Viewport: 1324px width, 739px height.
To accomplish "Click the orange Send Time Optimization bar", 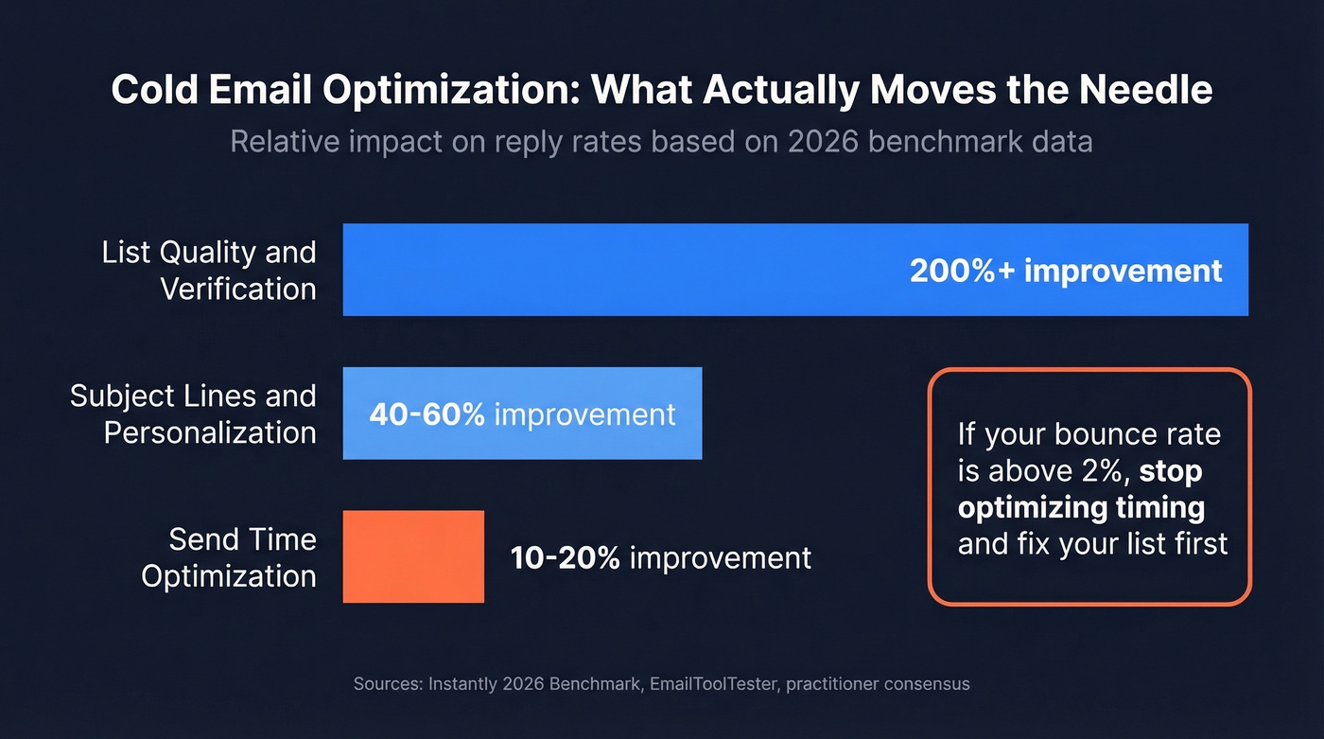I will (413, 556).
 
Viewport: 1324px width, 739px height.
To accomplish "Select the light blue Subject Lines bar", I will (522, 413).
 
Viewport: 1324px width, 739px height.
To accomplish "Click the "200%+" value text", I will (961, 271).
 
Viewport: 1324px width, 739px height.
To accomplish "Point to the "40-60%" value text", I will (427, 414).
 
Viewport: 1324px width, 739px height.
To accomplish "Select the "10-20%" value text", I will (565, 557).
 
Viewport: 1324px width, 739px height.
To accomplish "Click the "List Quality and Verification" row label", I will (209, 270).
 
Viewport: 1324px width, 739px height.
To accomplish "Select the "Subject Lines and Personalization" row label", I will (193, 413).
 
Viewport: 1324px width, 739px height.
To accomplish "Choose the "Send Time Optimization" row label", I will (229, 557).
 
